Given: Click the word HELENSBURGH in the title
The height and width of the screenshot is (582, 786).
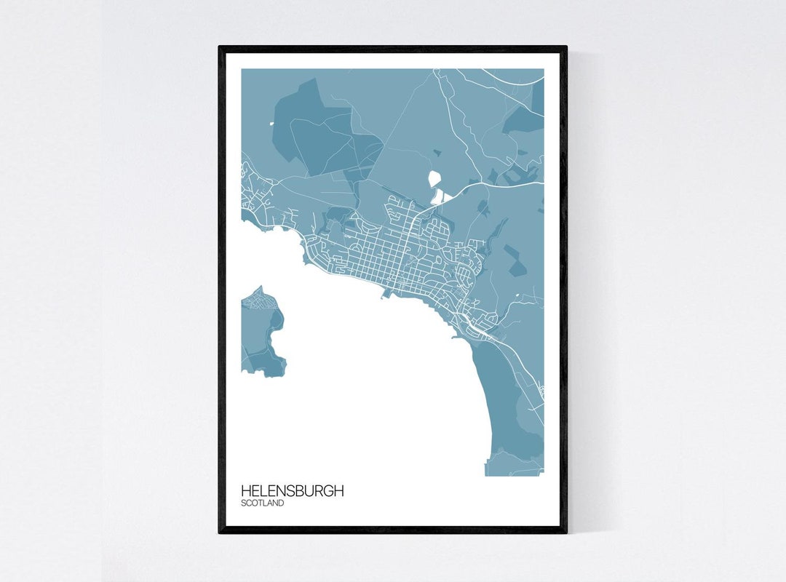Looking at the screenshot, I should click(292, 491).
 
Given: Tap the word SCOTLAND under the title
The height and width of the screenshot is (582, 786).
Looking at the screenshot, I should click(263, 503).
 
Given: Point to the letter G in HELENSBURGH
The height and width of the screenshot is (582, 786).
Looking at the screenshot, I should click(323, 491).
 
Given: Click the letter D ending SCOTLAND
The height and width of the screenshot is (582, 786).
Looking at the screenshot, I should click(281, 503).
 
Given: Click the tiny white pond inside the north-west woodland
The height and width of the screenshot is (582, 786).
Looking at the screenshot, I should click(272, 123).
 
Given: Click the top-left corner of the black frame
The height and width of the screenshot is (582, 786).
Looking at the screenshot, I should click(220, 48).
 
